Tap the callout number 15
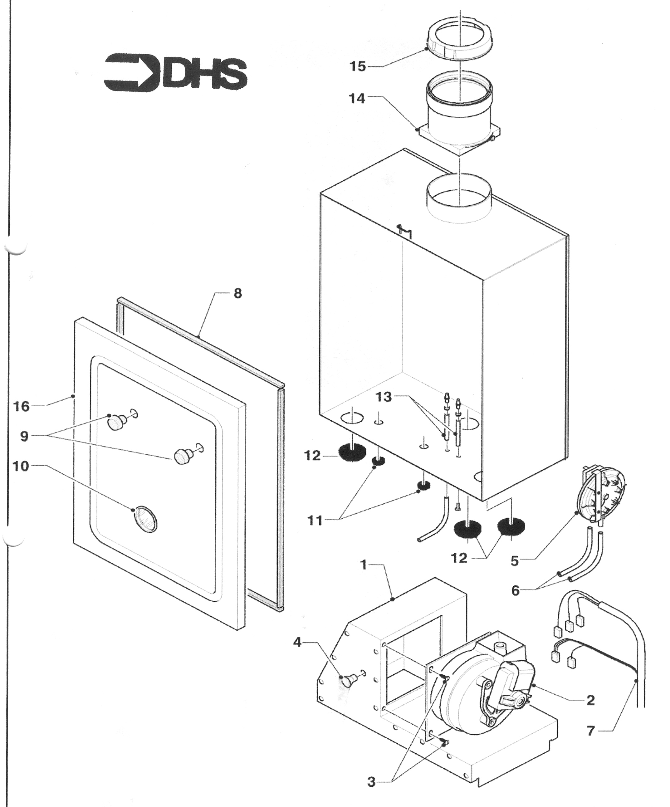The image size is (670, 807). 357,66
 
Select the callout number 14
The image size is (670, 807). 356,98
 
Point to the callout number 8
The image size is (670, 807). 238,294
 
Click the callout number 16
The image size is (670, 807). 22,406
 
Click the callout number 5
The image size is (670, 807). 515,561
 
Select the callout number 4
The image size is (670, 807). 297,642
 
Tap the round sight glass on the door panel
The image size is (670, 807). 145,519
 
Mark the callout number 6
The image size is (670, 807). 515,590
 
